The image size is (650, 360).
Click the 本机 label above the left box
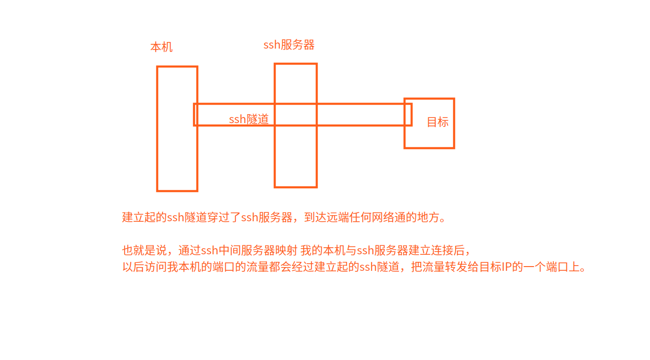[x=161, y=47]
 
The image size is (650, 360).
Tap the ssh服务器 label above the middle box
[x=289, y=45]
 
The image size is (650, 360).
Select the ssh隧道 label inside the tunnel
[x=249, y=119]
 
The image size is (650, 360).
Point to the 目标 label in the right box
[x=438, y=122]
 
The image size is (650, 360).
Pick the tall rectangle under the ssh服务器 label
[x=295, y=156]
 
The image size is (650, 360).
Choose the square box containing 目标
[x=430, y=137]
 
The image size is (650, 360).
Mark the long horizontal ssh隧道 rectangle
[x=359, y=115]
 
